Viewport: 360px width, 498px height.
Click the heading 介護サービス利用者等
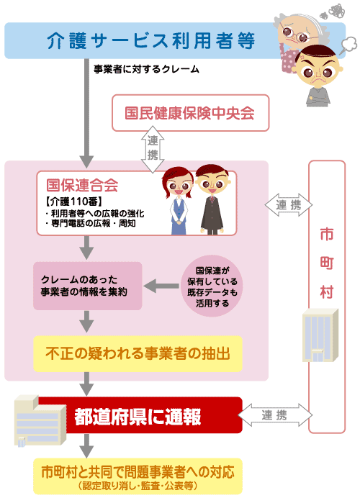pos(151,41)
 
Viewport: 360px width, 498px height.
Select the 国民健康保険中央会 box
pos(190,113)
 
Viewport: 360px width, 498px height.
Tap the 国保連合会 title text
pos(82,185)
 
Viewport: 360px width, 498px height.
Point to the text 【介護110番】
pos(74,202)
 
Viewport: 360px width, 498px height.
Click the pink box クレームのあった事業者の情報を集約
pos(87,286)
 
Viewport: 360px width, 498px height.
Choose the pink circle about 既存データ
pos(212,286)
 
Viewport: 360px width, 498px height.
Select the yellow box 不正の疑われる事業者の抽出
pos(138,353)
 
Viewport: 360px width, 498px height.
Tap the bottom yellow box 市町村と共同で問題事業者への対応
pos(138,476)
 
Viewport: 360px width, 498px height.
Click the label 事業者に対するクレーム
pos(146,69)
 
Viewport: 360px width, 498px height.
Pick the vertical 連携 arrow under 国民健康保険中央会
pos(153,149)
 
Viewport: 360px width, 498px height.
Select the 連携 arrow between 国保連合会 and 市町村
pos(289,205)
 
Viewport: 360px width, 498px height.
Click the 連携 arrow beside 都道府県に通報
pos(275,415)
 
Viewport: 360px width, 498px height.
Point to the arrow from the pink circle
pos(161,286)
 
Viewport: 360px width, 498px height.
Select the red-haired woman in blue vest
pos(178,201)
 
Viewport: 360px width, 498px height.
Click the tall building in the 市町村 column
pos(320,335)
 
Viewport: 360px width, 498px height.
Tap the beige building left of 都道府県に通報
pos(40,420)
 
